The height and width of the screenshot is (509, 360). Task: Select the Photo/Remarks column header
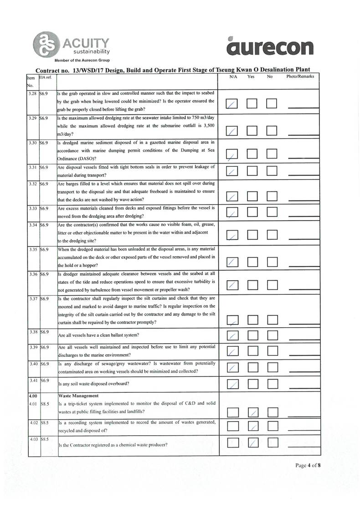coord(300,77)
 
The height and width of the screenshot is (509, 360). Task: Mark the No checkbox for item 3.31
coord(273,172)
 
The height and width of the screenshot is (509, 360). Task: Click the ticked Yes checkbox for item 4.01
coord(253,412)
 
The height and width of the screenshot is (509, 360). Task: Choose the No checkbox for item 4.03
coord(273,442)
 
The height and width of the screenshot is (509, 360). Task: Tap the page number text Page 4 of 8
coord(308,465)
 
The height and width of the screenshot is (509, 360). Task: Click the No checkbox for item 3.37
coord(273,322)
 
